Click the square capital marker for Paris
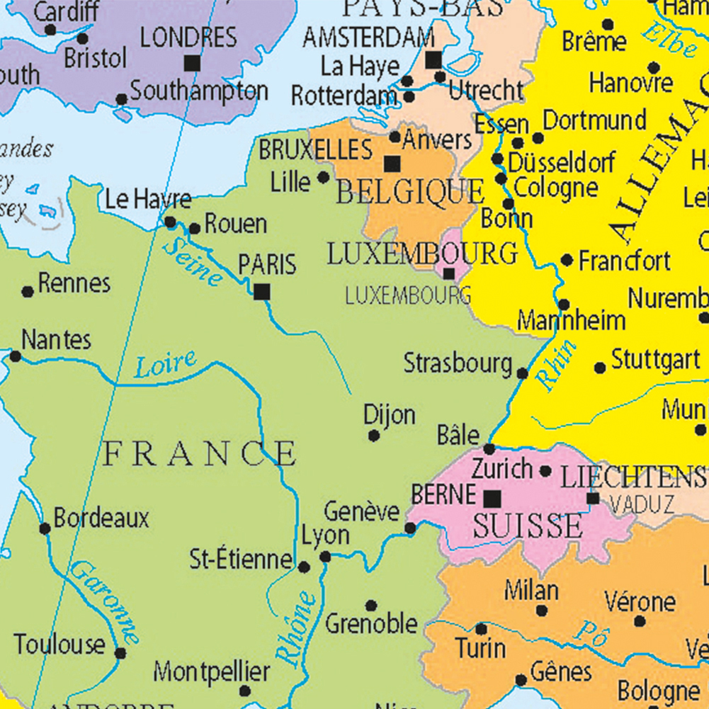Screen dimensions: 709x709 point(262,291)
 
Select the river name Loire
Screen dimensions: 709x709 point(166,365)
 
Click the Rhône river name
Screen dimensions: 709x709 point(296,628)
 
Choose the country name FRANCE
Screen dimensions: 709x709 point(200,453)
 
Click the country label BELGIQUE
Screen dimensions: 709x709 point(410,192)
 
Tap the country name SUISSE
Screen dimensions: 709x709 point(528,526)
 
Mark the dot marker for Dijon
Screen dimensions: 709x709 point(374,436)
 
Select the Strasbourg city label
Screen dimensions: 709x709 point(458,363)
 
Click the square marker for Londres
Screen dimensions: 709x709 point(191,64)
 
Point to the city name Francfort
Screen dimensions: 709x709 point(624,261)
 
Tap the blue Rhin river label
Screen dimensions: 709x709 point(557,365)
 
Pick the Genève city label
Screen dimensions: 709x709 point(361,511)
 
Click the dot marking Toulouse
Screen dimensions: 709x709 point(120,653)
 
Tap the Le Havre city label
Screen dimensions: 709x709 point(147,200)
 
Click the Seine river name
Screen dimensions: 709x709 point(192,261)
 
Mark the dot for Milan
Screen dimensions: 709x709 point(542,611)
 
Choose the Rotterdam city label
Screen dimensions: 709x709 point(344,95)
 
